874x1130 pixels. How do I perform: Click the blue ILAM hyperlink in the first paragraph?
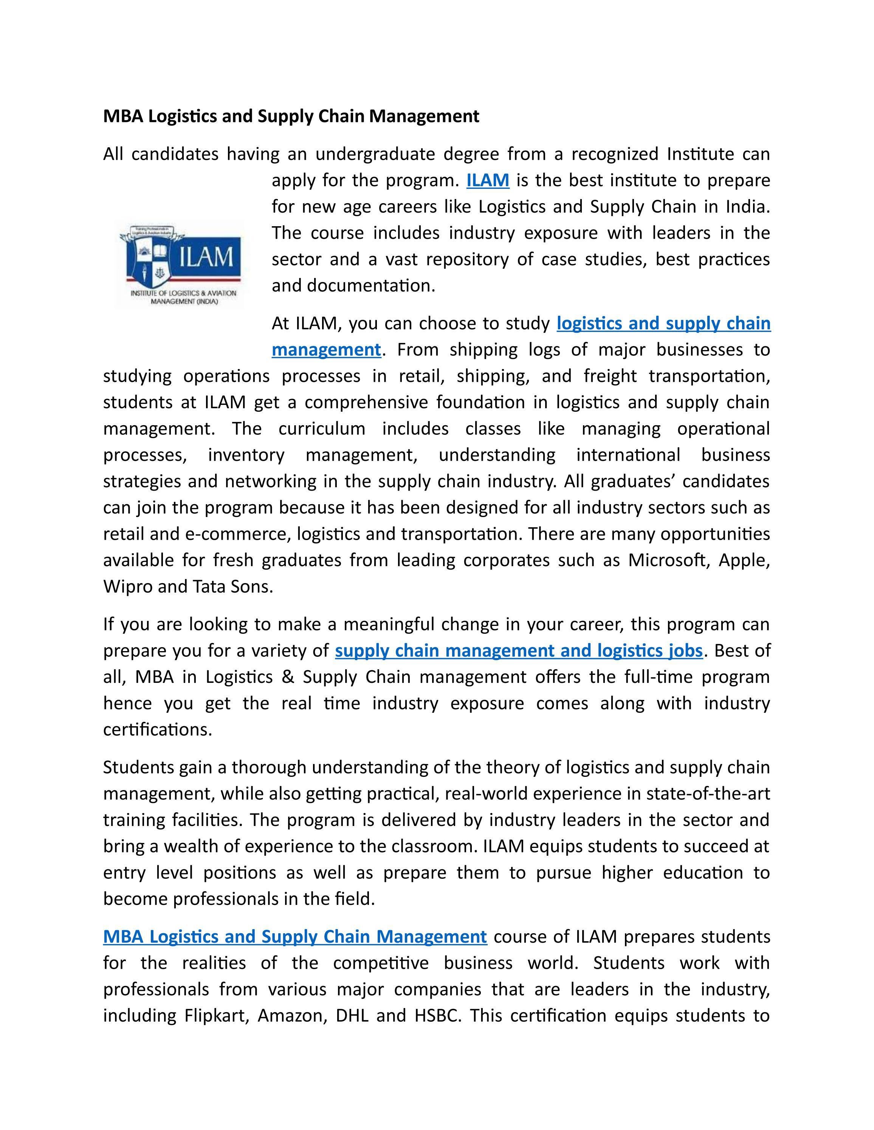[x=488, y=181]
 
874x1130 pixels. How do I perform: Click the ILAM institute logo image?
[x=179, y=264]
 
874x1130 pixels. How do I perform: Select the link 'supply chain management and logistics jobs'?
[x=519, y=650]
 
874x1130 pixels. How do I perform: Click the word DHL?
[x=352, y=1016]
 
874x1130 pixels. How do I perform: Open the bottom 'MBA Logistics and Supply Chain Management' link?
[x=294, y=937]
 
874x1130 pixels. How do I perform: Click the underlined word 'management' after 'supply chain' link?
[x=326, y=350]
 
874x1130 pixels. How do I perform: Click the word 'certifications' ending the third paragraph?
[x=157, y=730]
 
